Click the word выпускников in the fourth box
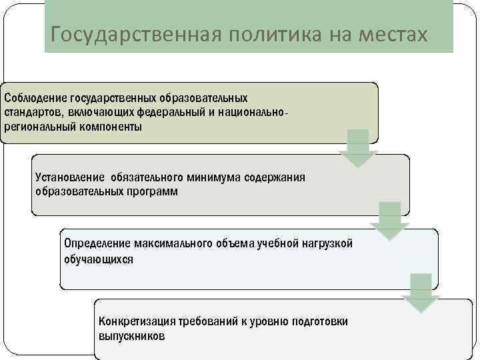click(x=131, y=336)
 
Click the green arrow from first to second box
click(x=358, y=148)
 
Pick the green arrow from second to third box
click(x=389, y=220)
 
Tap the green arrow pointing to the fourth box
click(x=421, y=293)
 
